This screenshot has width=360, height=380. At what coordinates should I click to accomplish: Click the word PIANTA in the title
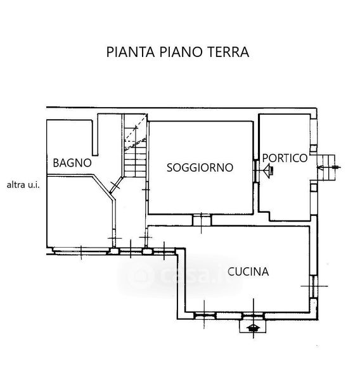(131, 52)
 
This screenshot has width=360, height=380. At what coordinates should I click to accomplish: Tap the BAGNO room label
(72, 163)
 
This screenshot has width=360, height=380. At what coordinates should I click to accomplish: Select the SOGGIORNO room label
(200, 168)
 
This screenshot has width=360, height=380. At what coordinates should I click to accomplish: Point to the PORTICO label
(285, 158)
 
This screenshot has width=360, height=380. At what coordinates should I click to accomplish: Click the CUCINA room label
(248, 272)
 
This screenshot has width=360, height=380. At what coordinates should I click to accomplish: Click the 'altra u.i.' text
(23, 185)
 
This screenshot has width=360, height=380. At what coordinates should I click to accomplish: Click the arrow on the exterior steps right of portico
(329, 167)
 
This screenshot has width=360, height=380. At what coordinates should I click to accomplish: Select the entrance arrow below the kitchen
(254, 328)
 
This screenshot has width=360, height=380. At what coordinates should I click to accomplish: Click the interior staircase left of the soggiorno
(135, 146)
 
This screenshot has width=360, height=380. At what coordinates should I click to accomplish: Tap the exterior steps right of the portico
(326, 167)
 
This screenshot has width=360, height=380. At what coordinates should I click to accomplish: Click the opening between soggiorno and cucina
(202, 220)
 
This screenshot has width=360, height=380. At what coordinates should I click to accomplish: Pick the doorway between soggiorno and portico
(256, 171)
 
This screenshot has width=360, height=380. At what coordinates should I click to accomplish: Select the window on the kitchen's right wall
(314, 286)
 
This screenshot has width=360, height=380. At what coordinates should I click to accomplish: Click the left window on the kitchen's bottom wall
(205, 316)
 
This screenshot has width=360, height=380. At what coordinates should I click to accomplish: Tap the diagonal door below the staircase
(116, 185)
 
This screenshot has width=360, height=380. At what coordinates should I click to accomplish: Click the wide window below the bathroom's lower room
(80, 251)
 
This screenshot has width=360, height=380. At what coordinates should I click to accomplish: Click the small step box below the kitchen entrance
(253, 326)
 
